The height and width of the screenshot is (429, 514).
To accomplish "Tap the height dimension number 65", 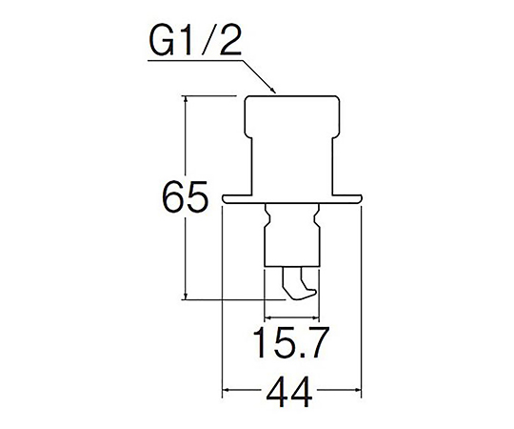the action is tap(186, 197).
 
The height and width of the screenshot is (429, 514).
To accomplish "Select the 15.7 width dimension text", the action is tap(290, 343).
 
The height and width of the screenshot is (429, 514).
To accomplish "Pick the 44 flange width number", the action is tap(289, 392).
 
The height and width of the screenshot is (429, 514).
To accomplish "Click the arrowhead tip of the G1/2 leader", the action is tap(275, 93).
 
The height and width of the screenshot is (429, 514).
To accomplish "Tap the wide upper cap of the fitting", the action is tap(292, 115).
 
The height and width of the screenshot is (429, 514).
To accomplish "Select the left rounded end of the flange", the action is tap(225, 199).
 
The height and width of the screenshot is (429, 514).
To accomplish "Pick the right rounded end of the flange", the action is tap(358, 199).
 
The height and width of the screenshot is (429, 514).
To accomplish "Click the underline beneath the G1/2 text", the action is tap(195, 60).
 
